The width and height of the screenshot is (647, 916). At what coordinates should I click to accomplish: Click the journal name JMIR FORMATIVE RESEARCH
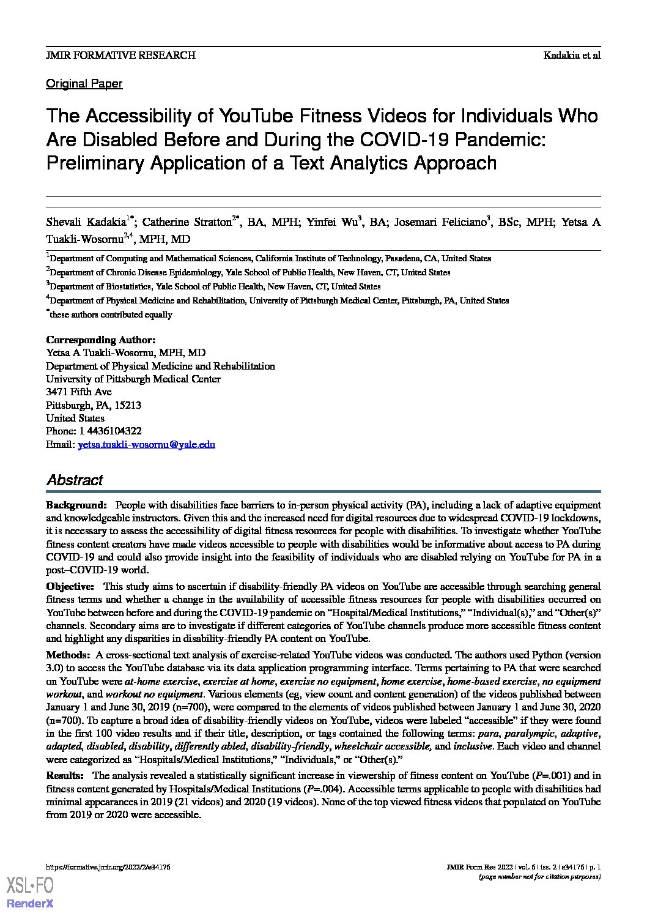click(x=120, y=55)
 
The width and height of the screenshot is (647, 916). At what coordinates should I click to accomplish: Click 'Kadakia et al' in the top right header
click(x=572, y=55)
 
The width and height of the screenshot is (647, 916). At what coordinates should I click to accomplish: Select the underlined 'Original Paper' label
click(x=84, y=84)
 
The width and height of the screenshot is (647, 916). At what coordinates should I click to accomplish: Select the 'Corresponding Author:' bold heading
click(x=101, y=340)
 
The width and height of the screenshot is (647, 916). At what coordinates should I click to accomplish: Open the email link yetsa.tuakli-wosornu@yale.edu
click(x=146, y=445)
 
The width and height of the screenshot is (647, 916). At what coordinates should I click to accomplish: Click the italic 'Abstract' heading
click(x=75, y=480)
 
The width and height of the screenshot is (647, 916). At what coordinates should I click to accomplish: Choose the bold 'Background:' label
click(x=77, y=505)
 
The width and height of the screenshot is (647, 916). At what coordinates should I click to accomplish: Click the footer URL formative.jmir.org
click(x=108, y=867)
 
